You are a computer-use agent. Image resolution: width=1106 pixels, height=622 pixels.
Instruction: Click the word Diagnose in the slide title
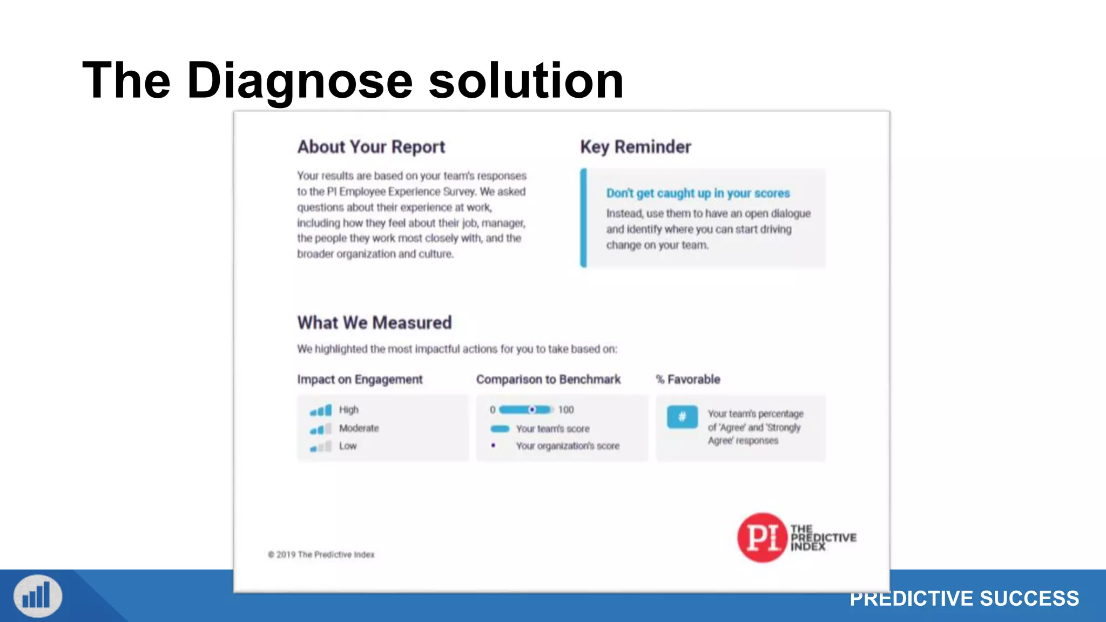point(300,81)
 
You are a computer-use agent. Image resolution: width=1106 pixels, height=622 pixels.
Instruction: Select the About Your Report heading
point(371,147)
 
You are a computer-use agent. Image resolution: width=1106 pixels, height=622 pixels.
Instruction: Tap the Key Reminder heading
point(635,147)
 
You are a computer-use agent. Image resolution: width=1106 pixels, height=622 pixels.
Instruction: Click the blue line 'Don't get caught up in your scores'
point(698,193)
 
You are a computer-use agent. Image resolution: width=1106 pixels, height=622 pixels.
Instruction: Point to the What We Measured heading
point(374,323)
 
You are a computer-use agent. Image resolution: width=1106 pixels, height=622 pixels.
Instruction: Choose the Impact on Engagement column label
point(360,380)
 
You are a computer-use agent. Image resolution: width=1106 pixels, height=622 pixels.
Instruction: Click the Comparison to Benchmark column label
point(548,380)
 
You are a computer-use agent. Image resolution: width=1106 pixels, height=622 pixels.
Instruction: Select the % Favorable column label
point(688,380)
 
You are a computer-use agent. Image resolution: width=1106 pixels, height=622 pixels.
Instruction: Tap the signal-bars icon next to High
point(321,411)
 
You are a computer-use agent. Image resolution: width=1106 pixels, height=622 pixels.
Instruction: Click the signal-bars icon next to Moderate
point(321,429)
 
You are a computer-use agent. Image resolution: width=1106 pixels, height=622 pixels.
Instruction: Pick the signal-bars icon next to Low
point(321,447)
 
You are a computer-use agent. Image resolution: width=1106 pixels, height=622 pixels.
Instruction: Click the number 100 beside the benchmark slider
point(566,410)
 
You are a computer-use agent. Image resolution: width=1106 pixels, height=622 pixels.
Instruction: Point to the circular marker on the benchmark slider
point(532,410)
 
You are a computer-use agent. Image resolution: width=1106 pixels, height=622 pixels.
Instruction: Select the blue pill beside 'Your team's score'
point(500,429)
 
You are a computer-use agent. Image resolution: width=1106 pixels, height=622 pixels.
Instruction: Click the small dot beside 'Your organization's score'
point(493,445)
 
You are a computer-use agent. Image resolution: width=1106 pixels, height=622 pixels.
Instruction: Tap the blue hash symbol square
point(682,417)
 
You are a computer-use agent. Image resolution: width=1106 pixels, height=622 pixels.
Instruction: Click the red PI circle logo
point(762,537)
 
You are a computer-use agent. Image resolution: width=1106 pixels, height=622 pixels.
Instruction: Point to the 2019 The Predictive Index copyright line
point(321,555)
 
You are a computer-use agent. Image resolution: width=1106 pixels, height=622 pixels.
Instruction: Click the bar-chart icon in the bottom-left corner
point(38,596)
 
